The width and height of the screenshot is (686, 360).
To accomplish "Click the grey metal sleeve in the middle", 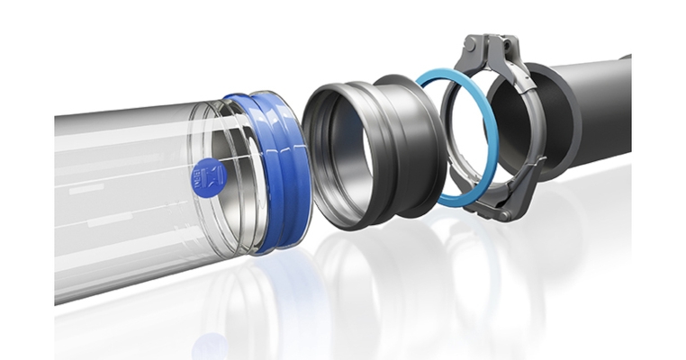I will click(378, 148).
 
